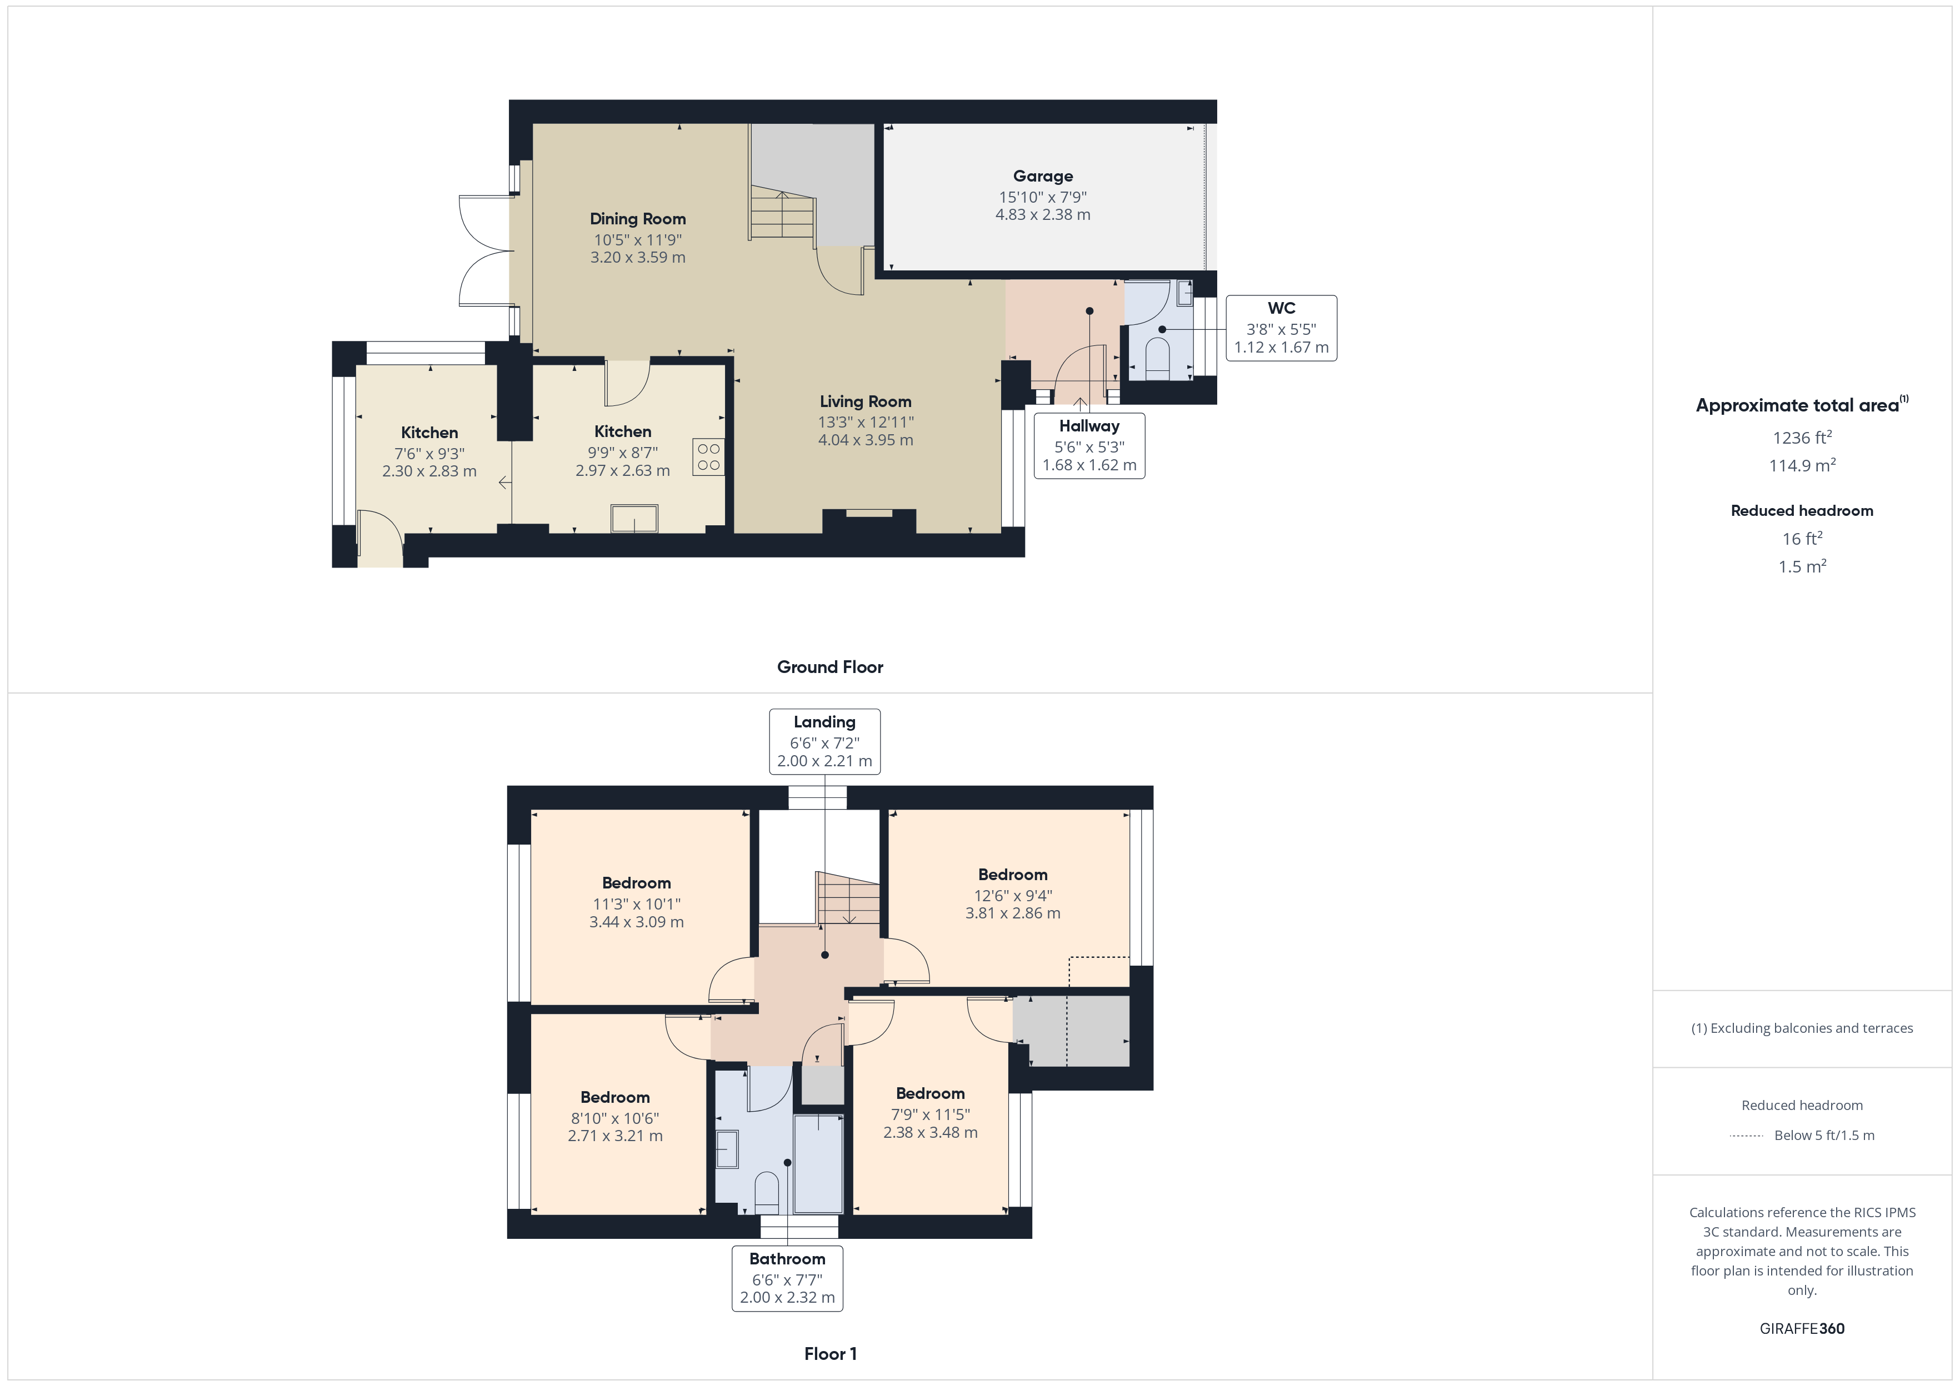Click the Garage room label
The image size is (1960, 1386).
point(1042,177)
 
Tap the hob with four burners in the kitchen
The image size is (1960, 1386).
point(708,456)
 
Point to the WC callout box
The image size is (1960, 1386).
point(1281,328)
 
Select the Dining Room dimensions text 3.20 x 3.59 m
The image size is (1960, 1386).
point(638,258)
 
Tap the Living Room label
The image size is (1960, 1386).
point(865,401)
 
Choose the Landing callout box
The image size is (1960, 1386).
point(824,741)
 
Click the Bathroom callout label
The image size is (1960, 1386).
point(787,1259)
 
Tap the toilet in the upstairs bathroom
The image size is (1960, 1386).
point(767,1192)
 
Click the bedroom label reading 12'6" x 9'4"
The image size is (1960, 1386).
point(1012,895)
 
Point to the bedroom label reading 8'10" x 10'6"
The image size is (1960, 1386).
point(614,1118)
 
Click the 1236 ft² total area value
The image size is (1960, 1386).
point(1801,438)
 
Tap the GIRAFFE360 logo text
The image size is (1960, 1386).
point(1801,1329)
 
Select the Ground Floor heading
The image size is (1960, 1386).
point(830,667)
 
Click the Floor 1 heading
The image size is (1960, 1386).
point(830,1354)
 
